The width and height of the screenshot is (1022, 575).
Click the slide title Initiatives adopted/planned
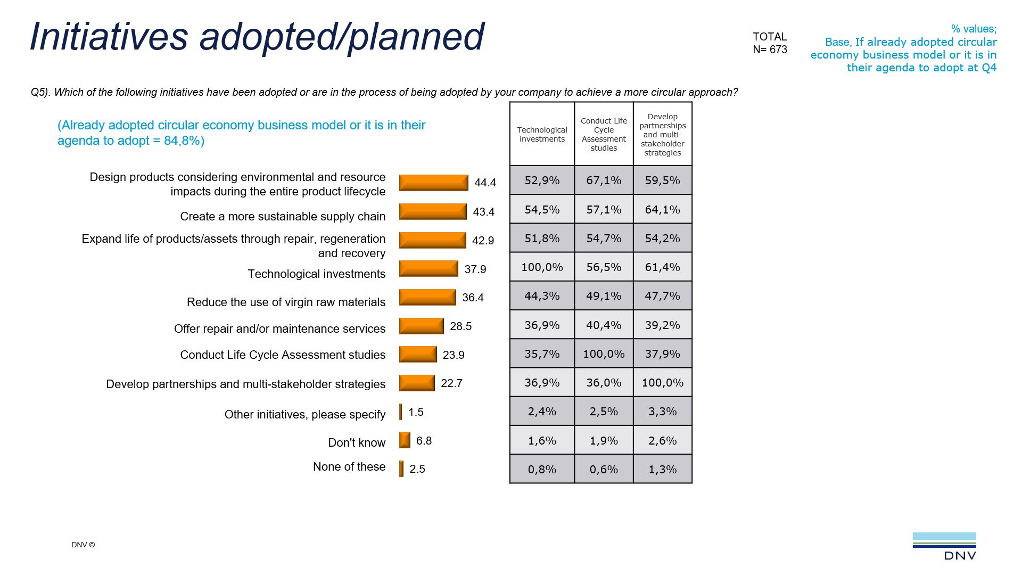pyautogui.click(x=257, y=36)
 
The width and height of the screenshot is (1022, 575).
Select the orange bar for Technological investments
pyautogui.click(x=428, y=268)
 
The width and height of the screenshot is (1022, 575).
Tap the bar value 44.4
pyautogui.click(x=485, y=183)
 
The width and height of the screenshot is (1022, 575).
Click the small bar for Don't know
pyautogui.click(x=405, y=440)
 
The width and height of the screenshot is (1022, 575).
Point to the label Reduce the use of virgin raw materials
pyautogui.click(x=286, y=302)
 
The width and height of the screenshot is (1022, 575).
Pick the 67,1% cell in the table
pyautogui.click(x=604, y=180)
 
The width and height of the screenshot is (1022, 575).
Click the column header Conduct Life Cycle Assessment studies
pyautogui.click(x=604, y=134)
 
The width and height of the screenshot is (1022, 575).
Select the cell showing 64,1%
pyautogui.click(x=662, y=210)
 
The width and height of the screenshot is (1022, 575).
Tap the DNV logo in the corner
pyautogui.click(x=945, y=547)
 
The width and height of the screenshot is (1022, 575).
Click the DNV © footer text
pyautogui.click(x=83, y=545)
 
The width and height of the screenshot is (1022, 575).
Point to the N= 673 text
pyautogui.click(x=770, y=50)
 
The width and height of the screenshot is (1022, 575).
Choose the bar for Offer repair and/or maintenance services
pyautogui.click(x=421, y=326)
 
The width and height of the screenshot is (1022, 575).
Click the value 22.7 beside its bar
pyautogui.click(x=451, y=383)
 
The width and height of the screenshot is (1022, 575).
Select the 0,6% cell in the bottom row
pyautogui.click(x=604, y=470)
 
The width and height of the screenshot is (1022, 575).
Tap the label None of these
pyautogui.click(x=349, y=466)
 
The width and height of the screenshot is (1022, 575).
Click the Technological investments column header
pyautogui.click(x=542, y=134)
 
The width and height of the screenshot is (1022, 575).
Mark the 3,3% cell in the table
pyautogui.click(x=662, y=412)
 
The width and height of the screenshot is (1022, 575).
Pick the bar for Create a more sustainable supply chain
pyautogui.click(x=433, y=211)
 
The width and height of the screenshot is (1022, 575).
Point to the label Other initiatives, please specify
pyautogui.click(x=304, y=414)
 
